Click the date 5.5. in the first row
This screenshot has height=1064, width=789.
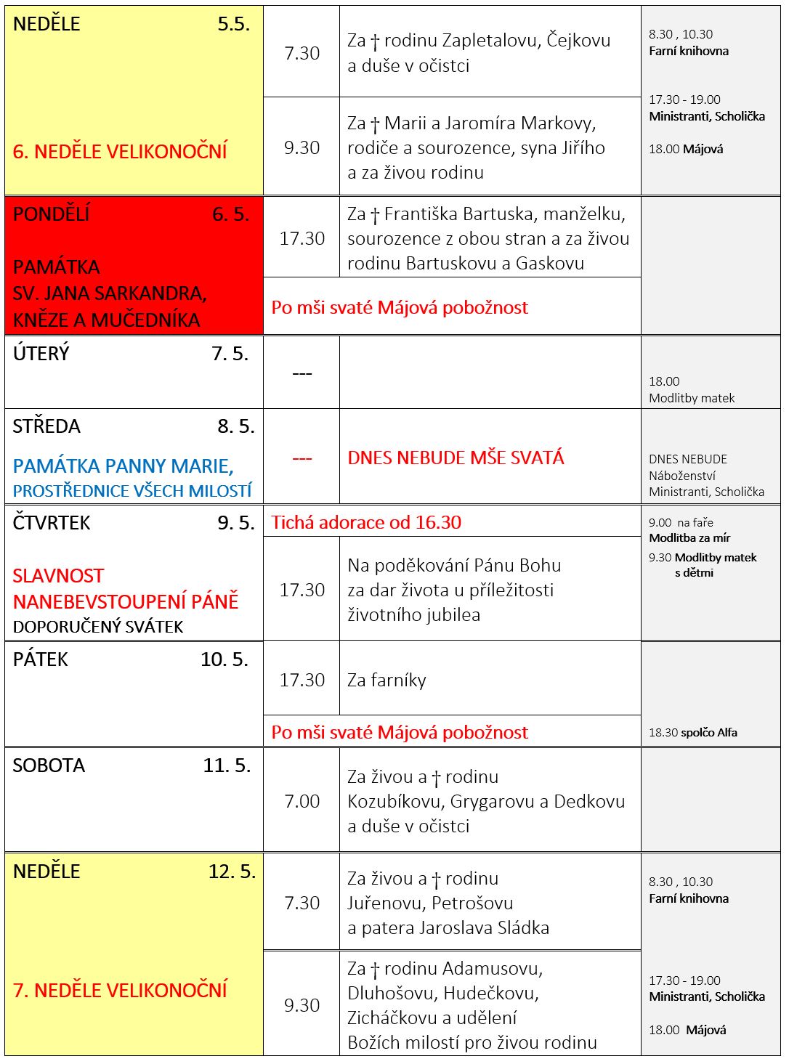[x=233, y=24]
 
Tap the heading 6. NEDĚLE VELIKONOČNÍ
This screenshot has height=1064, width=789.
[x=120, y=151]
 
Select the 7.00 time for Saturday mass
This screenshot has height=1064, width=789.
[x=302, y=801]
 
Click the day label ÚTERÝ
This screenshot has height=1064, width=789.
[x=41, y=354]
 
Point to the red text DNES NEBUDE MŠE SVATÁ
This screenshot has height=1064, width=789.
[x=456, y=458]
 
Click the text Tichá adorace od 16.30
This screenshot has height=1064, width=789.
[x=366, y=522]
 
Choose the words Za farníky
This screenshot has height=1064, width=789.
[x=387, y=680]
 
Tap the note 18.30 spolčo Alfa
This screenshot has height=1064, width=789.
[x=692, y=732]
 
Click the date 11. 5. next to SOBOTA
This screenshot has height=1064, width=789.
[x=227, y=765]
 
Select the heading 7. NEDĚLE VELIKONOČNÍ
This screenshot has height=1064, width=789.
[x=120, y=990]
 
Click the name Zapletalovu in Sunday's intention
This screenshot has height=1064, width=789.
[x=490, y=41]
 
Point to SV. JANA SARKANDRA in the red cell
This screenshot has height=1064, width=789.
[x=110, y=293]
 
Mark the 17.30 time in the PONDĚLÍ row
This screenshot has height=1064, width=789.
[x=302, y=238]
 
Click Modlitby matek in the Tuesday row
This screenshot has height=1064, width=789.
[x=692, y=398]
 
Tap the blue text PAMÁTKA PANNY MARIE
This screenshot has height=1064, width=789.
[x=123, y=466]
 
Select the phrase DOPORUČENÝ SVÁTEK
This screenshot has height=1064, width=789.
[x=98, y=626]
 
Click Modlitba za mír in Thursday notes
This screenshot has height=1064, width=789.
[x=689, y=538]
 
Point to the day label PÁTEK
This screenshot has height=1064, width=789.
[x=41, y=659]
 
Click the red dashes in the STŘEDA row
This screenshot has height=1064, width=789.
[x=302, y=458]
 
